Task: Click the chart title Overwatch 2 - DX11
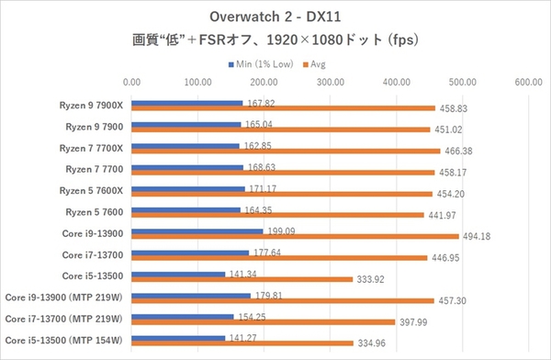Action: click(x=275, y=17)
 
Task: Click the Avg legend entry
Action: click(x=318, y=64)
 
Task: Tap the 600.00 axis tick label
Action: click(x=527, y=82)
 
